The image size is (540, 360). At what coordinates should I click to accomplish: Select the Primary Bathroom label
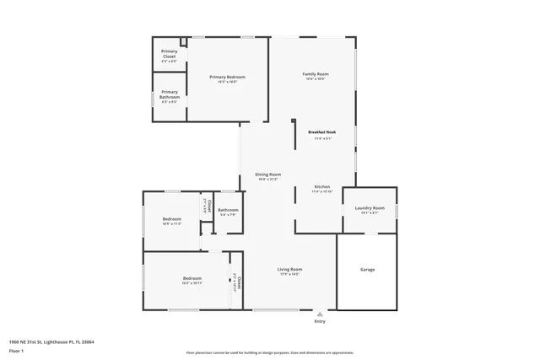pos(169,93)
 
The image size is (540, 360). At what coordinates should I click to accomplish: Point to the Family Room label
pos(316,74)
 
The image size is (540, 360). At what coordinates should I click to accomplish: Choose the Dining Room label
pos(268,175)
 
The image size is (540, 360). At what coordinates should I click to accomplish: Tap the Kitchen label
pos(322,186)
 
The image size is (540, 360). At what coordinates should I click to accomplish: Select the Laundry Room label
pos(370,207)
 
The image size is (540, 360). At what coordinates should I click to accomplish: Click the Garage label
pos(368,270)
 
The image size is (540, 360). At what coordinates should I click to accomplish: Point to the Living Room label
pos(289,270)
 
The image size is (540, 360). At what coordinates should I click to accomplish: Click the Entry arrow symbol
pos(320,314)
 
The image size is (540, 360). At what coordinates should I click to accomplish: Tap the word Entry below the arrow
pos(320,322)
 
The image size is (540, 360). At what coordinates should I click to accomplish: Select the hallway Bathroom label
pos(228,210)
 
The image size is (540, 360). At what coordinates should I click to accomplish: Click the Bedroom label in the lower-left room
pos(192,278)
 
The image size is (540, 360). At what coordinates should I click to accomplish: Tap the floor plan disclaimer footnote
pos(269,352)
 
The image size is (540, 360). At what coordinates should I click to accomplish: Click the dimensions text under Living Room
pos(289,275)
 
